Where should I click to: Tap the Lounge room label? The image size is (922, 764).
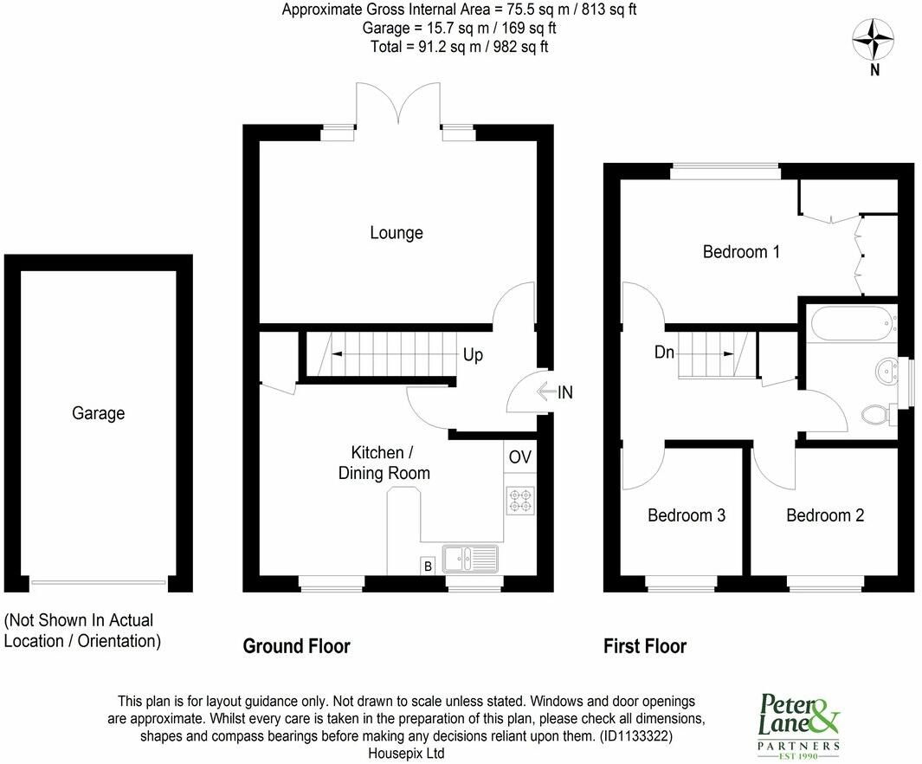tap(397, 233)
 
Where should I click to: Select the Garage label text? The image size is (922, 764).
tap(98, 413)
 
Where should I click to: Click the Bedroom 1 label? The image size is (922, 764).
tap(741, 252)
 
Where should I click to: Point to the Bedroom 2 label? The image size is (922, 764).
tap(825, 515)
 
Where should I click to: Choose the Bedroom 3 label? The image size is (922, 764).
tap(687, 515)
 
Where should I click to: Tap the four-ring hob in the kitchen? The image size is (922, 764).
tap(519, 500)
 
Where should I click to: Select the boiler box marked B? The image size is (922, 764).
tap(427, 566)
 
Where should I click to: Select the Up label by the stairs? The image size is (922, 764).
tap(473, 355)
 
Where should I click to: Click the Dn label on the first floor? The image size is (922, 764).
tap(664, 353)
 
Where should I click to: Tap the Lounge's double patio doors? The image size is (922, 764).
tap(398, 108)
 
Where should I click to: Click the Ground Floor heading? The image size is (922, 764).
tap(296, 646)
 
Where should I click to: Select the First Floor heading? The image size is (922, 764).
tap(645, 646)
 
